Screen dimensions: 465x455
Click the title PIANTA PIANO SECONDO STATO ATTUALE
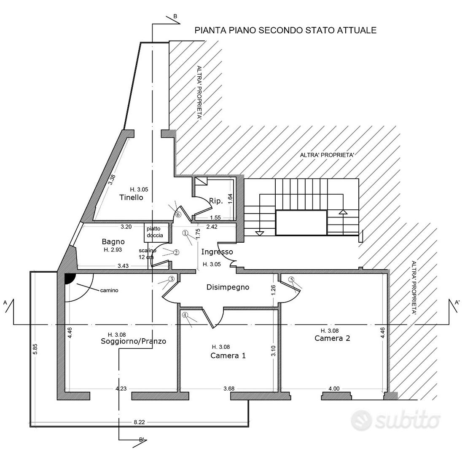285,30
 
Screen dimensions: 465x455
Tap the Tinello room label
131,198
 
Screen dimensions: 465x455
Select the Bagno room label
113,241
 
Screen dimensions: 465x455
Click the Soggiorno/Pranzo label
134,341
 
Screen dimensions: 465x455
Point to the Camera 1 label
228,356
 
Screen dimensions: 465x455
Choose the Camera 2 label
332,338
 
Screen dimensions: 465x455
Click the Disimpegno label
228,287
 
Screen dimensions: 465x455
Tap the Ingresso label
217,252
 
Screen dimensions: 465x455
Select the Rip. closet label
216,201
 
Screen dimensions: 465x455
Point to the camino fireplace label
109,291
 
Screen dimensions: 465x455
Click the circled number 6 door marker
178,214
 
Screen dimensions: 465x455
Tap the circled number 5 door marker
291,279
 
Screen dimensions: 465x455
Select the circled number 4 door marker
185,315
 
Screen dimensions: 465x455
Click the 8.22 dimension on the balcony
139,422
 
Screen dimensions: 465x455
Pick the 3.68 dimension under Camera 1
229,388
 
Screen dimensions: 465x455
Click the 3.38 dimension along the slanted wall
111,179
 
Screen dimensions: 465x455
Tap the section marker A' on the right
457,302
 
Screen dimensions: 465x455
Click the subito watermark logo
395,420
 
